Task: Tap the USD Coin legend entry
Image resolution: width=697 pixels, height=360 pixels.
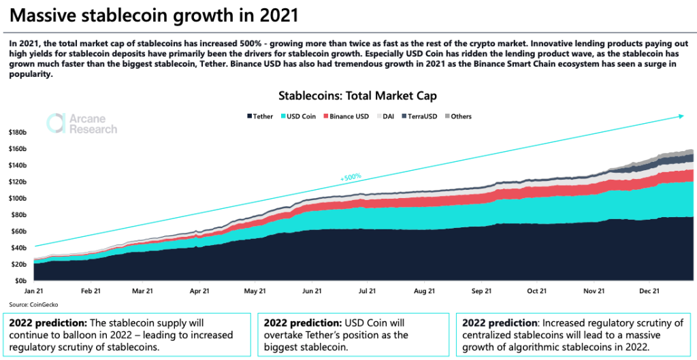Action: point(301,116)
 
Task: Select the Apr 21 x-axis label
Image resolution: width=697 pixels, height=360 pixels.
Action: point(199,291)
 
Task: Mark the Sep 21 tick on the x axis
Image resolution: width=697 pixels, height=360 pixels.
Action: point(481,291)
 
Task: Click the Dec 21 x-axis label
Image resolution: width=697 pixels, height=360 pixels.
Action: point(649,291)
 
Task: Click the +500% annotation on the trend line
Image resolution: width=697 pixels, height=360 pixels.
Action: point(351,178)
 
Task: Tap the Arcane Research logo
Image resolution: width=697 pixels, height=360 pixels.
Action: point(82,124)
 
